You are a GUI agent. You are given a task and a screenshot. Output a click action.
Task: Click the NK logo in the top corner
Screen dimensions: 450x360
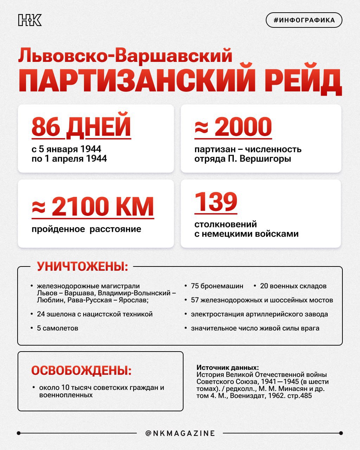(30, 20)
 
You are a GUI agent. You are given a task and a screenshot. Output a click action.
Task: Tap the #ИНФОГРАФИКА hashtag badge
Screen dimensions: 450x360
(304, 20)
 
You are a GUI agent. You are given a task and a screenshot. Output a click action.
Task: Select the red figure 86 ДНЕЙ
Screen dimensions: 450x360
(81, 127)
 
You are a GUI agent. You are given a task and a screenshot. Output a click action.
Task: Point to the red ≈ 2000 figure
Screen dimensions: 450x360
(233, 127)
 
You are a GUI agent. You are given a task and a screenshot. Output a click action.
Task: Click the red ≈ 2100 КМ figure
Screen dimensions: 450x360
(93, 207)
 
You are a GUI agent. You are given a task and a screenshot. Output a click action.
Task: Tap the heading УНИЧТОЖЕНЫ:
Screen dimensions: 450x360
(83, 266)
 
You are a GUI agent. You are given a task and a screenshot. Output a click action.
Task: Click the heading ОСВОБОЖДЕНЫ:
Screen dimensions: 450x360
(81, 370)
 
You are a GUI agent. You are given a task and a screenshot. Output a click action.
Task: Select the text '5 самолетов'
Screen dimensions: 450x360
(57, 328)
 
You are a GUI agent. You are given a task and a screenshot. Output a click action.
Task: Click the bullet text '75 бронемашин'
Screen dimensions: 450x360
(217, 286)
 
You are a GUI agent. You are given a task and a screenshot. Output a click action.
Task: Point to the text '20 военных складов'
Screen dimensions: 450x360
(293, 286)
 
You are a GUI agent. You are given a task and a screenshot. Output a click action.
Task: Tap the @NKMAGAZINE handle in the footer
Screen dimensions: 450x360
(180, 433)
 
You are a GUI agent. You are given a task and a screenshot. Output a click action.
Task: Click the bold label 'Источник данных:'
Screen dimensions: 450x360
(227, 368)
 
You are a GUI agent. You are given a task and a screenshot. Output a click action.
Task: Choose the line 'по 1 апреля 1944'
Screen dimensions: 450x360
(69, 159)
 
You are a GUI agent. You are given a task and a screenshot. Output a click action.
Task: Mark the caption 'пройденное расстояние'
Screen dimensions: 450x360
(86, 229)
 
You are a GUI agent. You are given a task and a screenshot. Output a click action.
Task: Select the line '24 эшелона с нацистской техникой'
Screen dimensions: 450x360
(95, 314)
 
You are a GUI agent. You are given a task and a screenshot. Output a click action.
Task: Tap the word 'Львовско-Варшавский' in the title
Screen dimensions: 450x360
(125, 56)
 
